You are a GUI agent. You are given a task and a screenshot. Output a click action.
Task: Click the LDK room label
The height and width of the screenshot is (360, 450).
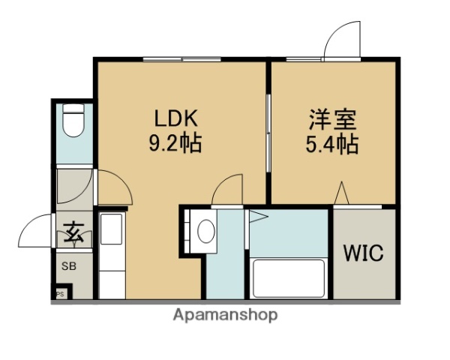[176, 118]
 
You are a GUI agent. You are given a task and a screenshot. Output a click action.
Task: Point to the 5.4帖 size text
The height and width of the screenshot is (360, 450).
[331, 143]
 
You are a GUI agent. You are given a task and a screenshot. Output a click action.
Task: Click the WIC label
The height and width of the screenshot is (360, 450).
[363, 253]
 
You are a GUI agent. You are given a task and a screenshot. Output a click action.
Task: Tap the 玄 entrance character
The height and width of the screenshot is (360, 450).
[73, 232]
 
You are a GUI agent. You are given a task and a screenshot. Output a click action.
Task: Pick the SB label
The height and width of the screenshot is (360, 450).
[68, 265]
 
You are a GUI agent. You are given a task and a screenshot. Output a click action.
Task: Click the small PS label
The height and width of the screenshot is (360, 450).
[59, 293]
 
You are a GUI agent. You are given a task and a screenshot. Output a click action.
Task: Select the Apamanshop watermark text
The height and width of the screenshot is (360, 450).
[225, 315]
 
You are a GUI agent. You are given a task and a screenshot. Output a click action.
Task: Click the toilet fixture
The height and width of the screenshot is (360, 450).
[73, 123]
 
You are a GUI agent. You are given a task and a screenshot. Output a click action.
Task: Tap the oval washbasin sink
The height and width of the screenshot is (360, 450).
[205, 230]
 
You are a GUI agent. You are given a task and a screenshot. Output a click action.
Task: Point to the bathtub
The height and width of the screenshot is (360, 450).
[289, 277]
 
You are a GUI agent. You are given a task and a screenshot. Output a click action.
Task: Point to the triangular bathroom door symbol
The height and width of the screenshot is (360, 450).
[257, 217]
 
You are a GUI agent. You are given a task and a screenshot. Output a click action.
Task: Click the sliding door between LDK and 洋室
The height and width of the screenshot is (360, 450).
[268, 124]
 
